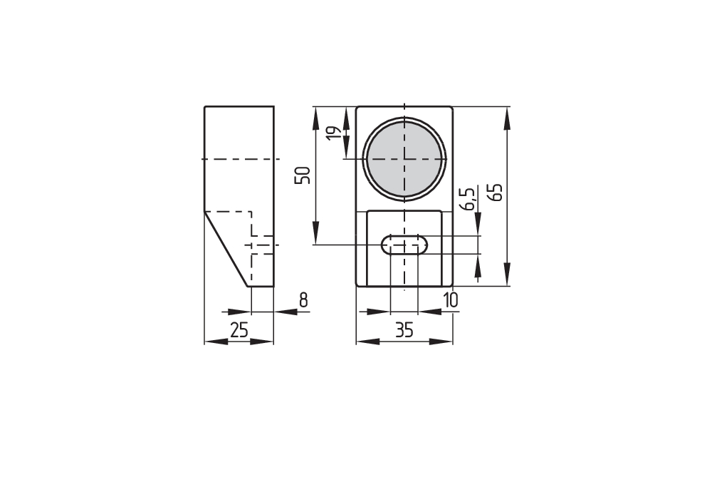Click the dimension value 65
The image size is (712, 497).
click(x=497, y=193)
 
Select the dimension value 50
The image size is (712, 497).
click(x=303, y=175)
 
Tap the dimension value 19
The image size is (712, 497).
click(x=334, y=133)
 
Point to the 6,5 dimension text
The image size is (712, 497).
click(x=469, y=198)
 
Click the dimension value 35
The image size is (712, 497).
click(x=404, y=330)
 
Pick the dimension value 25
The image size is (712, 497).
click(x=239, y=330)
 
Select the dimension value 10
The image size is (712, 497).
click(x=451, y=300)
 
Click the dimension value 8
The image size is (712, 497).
click(x=303, y=300)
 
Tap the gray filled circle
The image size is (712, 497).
click(x=404, y=159)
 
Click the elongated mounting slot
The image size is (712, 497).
click(x=404, y=245)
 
